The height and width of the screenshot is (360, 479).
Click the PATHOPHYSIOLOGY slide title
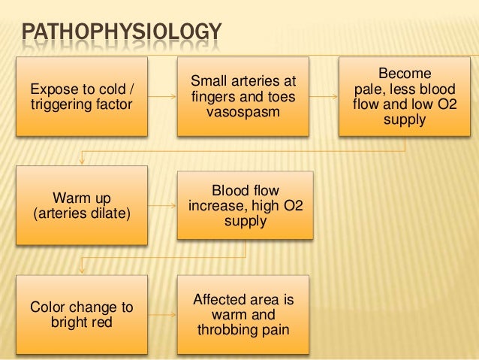(x=121, y=34)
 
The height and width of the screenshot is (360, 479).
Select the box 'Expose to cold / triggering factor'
(x=81, y=97)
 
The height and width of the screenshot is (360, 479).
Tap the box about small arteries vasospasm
(x=243, y=97)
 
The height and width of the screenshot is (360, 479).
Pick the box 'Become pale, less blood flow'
(x=405, y=97)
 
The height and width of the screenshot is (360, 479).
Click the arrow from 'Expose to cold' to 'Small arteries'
(x=162, y=97)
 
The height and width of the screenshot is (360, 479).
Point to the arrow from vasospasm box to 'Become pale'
(x=324, y=97)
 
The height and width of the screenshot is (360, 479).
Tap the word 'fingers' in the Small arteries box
(x=214, y=97)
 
